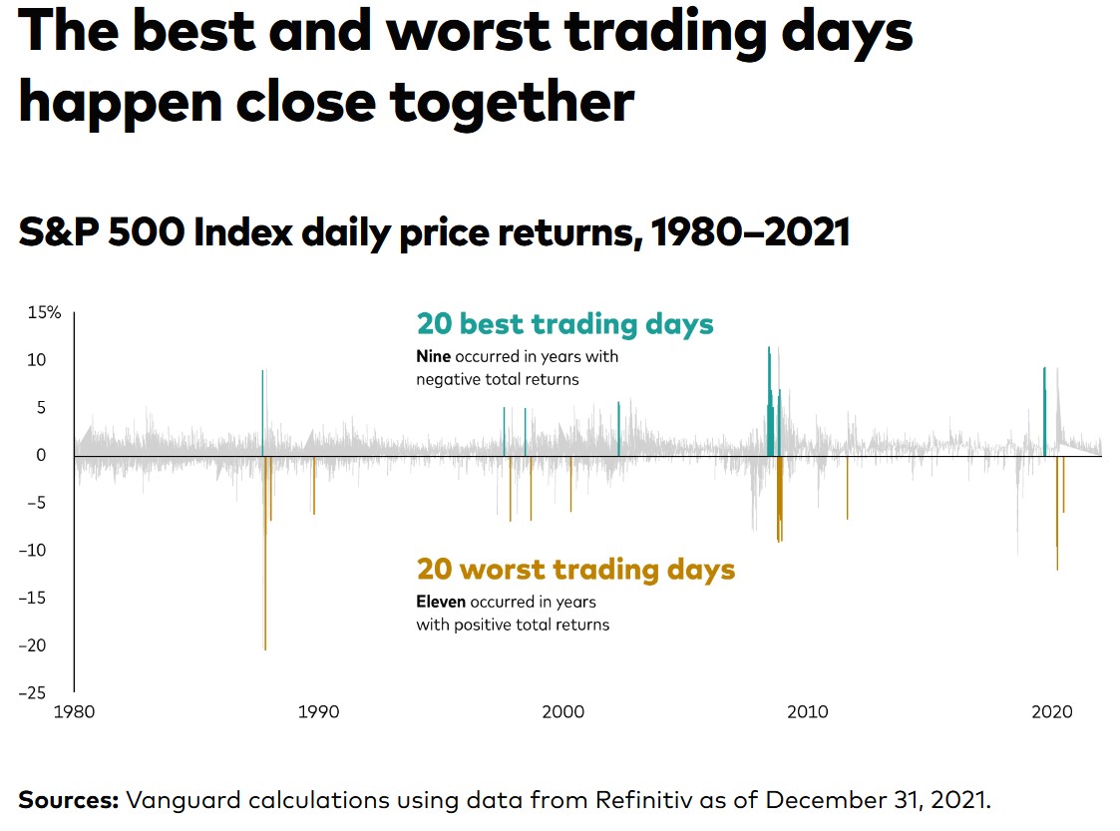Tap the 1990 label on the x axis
318,712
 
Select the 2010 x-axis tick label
807,712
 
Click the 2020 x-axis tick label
1051,712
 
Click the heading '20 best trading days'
564,324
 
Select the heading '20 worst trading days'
575,570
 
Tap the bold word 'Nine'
434,356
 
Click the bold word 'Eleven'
441,603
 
